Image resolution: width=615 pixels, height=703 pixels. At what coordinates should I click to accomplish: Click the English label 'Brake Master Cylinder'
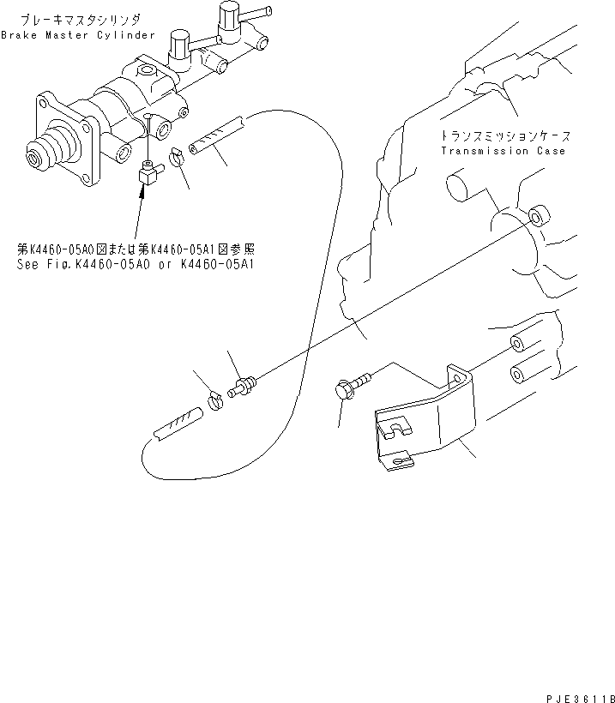(x=78, y=35)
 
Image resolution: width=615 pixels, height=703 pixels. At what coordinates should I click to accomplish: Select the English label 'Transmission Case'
(x=503, y=151)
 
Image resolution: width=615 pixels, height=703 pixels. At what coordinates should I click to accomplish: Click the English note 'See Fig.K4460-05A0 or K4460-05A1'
(x=140, y=264)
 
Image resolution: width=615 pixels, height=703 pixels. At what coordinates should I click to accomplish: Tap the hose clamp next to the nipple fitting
(x=219, y=397)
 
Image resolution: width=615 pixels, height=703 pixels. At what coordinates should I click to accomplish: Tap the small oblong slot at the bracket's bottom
(x=396, y=464)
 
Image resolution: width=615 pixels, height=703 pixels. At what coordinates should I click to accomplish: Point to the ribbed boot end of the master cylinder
(x=44, y=153)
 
